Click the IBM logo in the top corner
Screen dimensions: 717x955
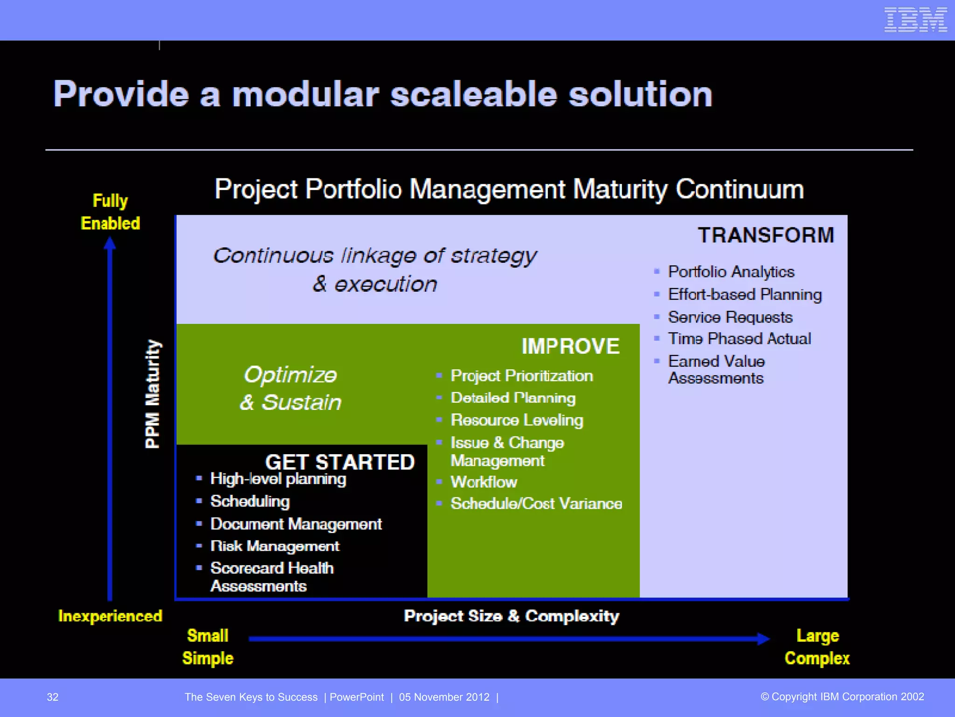pos(915,20)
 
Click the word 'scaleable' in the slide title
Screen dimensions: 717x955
pos(473,95)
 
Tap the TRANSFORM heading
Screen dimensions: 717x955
pos(766,235)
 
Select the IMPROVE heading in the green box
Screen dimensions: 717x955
pos(570,346)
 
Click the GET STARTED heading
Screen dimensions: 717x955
pos(339,463)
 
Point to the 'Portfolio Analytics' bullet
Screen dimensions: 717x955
pos(731,272)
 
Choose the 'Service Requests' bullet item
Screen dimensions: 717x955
pos(730,317)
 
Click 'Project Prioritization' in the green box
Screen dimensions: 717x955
pos(521,376)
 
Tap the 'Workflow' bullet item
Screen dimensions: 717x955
pos(484,482)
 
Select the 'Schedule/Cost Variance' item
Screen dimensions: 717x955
pos(536,504)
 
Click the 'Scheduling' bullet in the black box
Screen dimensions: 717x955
pos(250,501)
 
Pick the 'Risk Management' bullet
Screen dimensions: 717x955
pos(275,546)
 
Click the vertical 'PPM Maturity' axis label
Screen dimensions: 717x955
pos(152,394)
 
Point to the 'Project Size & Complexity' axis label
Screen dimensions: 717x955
pos(511,616)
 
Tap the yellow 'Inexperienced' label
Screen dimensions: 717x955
pos(110,616)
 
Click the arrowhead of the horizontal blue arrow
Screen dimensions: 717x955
pos(763,639)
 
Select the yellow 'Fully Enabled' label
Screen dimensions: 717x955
pos(111,212)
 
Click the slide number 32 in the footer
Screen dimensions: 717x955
pos(53,697)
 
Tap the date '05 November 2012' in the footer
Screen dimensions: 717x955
pos(444,697)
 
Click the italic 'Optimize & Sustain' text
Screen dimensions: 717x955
pos(291,388)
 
